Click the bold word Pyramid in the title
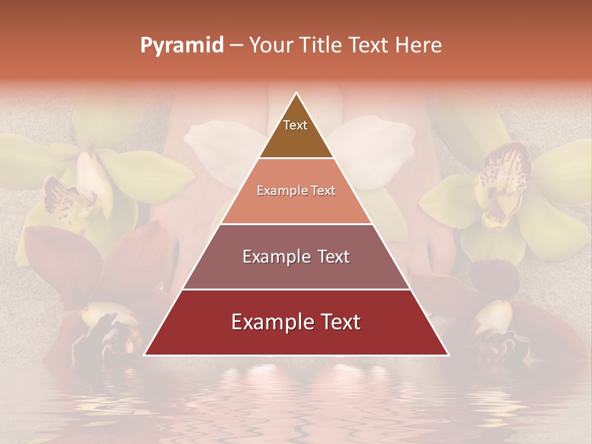point(181,46)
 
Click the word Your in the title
point(272,46)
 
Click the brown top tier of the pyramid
point(296,139)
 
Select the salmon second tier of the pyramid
point(296,207)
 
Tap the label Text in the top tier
point(295,125)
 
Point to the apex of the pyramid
point(297,93)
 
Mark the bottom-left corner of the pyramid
point(144,355)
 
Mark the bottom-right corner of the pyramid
point(448,355)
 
